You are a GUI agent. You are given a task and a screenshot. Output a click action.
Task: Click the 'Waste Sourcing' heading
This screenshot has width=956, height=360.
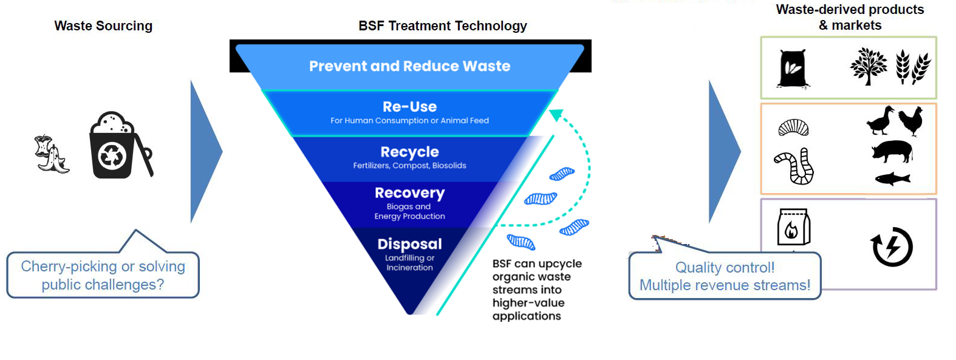tap(103, 26)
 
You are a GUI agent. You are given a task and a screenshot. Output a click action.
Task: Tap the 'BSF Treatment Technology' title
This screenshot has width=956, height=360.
tap(442, 26)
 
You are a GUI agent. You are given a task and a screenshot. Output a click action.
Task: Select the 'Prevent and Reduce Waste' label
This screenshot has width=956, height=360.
tap(409, 66)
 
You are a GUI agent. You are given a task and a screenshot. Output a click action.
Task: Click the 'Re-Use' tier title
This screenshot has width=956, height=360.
tap(409, 107)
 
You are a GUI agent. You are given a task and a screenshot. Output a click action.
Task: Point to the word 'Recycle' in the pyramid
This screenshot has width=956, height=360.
tap(409, 152)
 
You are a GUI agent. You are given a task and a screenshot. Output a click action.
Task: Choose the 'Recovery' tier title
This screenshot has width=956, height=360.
tap(409, 193)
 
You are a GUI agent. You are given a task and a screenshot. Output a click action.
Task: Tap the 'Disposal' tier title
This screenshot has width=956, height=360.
tap(409, 244)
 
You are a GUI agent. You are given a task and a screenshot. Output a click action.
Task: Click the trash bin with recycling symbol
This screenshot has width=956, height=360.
tap(115, 146)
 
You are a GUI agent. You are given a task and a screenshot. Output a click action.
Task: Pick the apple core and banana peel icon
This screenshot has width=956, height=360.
tap(51, 154)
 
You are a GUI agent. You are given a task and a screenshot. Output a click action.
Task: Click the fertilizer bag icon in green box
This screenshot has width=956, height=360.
tap(793, 68)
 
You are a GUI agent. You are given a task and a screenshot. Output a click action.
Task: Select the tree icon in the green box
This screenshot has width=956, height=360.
tap(868, 66)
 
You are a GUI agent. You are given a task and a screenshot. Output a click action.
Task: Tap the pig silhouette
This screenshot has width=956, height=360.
tap(892, 152)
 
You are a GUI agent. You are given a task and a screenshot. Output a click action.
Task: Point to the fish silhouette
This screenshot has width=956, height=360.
tap(892, 178)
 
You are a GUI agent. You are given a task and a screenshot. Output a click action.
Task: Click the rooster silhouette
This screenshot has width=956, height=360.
tap(911, 121)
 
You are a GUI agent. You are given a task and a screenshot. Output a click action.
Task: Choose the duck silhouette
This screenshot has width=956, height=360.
tap(881, 121)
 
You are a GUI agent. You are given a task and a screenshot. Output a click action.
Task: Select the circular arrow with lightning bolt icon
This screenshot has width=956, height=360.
tap(892, 247)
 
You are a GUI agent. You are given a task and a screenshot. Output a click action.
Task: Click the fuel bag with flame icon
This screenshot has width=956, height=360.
tap(794, 227)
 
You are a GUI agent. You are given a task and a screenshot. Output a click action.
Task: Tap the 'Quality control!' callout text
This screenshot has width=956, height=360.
tap(725, 268)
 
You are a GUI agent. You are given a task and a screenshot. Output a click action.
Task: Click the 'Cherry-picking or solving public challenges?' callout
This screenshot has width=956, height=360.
tap(103, 276)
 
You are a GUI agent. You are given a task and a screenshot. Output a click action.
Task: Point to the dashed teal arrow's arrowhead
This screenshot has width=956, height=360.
tap(556, 114)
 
